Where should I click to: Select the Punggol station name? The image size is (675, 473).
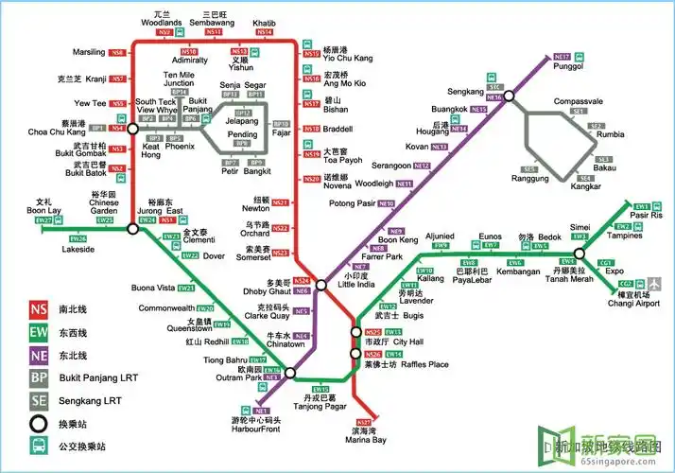point(567,67)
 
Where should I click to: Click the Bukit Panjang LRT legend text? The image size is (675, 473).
point(100,378)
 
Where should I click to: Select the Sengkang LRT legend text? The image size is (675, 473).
point(94,401)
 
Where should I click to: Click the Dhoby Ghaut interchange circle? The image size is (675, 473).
point(321,284)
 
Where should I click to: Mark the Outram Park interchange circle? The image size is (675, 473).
point(289,373)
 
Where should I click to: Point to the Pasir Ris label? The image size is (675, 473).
point(647,216)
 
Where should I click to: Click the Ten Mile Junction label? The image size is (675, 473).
point(179,79)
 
